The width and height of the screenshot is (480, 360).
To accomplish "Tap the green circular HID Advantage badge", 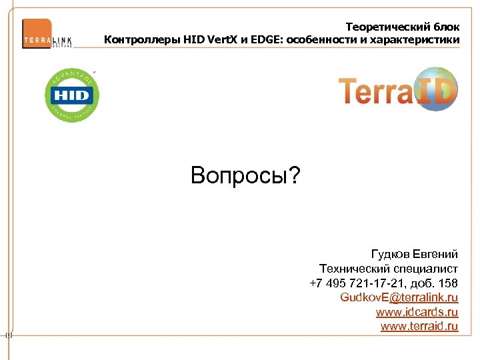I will click(71, 95).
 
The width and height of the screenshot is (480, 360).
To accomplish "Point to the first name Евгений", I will click(435, 255).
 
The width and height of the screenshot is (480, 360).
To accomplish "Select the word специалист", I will click(425, 269).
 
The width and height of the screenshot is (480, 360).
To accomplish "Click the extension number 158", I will click(449, 283).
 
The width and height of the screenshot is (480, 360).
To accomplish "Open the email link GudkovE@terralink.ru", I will click(399, 297).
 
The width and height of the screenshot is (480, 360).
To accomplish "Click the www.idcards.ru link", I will click(417, 312).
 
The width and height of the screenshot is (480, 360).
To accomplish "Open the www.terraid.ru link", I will click(419, 326).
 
